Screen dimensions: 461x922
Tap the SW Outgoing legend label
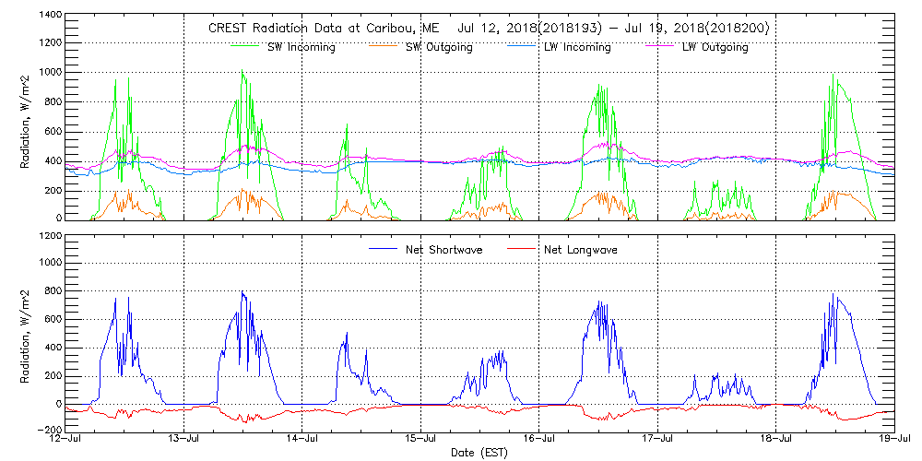click(x=440, y=47)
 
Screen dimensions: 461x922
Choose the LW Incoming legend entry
click(x=578, y=47)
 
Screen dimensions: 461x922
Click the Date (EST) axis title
click(x=479, y=453)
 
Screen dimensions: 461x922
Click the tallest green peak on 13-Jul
click(x=242, y=70)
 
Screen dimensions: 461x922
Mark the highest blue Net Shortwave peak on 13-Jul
click(x=242, y=292)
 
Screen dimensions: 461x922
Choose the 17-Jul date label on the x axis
click(x=657, y=440)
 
